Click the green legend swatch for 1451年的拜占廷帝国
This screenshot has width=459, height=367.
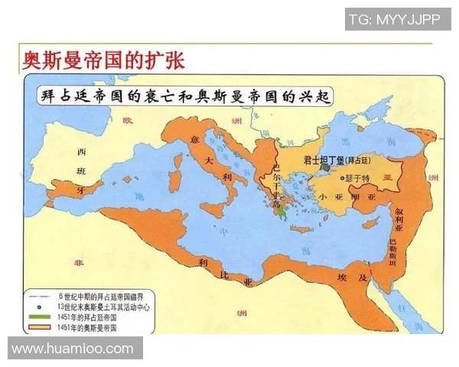point(39,316)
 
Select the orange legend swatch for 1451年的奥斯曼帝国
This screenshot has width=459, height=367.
point(39,326)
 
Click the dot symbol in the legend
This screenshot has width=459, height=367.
point(39,306)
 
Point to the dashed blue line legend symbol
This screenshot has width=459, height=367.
point(39,295)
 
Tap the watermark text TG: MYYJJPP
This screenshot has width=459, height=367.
point(394,19)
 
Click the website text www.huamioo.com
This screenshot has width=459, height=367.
point(73,349)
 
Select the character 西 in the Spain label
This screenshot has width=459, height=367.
point(81,151)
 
